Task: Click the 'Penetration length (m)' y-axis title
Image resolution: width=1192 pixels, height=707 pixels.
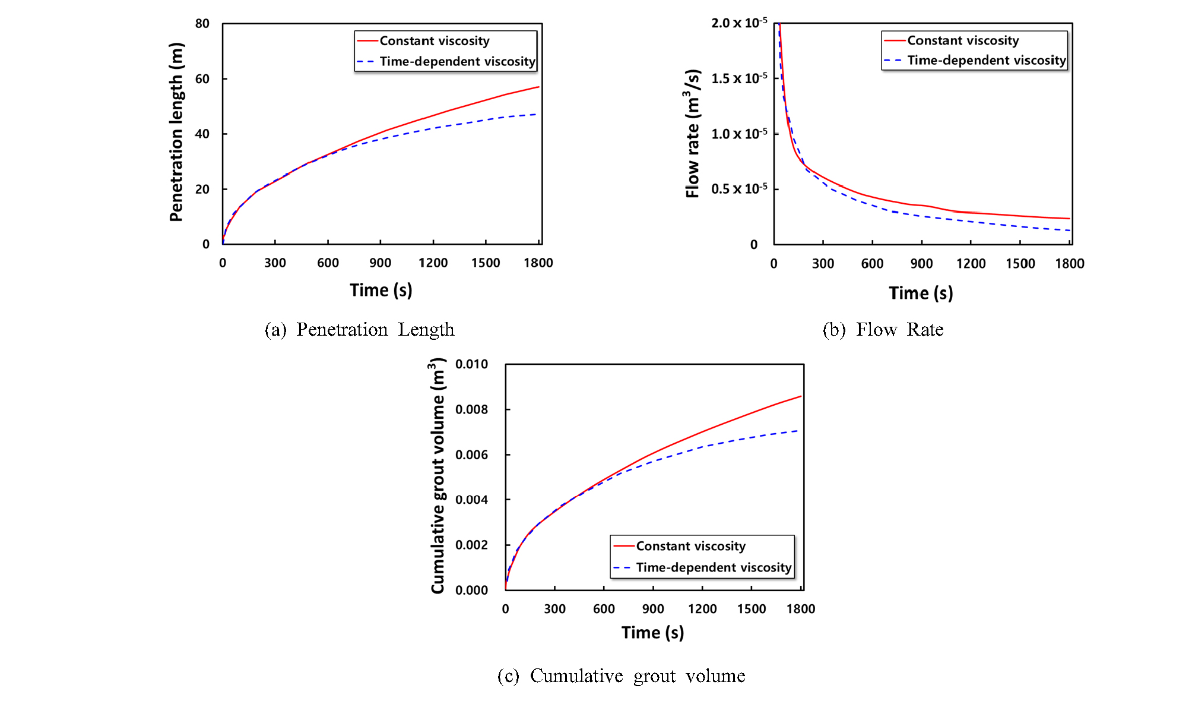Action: pos(176,132)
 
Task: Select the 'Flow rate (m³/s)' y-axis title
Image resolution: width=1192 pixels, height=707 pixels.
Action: pos(692,133)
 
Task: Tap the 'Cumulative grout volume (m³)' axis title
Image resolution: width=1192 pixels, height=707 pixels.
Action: pos(438,475)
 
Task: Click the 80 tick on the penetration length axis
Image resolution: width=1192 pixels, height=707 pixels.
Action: pos(202,24)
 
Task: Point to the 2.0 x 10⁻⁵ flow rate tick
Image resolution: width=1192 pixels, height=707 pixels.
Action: pos(739,23)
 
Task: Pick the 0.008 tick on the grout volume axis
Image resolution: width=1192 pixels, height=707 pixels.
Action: pos(471,409)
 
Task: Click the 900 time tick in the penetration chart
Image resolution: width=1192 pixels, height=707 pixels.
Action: pos(381,263)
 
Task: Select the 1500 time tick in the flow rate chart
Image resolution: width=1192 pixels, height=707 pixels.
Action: pos(1020,264)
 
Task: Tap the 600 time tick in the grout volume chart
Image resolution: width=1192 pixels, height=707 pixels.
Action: pos(604,609)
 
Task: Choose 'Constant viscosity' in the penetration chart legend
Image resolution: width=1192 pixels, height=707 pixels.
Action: pos(435,41)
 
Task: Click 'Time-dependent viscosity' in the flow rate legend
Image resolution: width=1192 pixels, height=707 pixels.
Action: pos(987,61)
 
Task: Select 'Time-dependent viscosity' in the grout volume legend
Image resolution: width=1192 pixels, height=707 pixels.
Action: pos(714,567)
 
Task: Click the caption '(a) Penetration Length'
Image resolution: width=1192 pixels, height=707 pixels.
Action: pos(359,330)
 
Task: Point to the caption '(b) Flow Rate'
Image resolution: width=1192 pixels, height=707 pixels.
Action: pos(883,330)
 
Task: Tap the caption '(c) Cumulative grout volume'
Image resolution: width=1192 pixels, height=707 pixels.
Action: pos(621,676)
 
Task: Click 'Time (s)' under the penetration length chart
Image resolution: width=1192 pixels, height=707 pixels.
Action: pos(381,291)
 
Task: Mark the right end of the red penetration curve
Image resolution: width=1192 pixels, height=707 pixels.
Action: pos(538,87)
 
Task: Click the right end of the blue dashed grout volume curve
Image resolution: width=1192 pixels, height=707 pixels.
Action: pos(797,431)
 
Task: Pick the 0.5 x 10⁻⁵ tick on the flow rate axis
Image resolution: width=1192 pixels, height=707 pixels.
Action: pos(739,189)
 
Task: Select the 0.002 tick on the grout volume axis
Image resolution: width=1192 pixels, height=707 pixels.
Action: pos(471,545)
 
